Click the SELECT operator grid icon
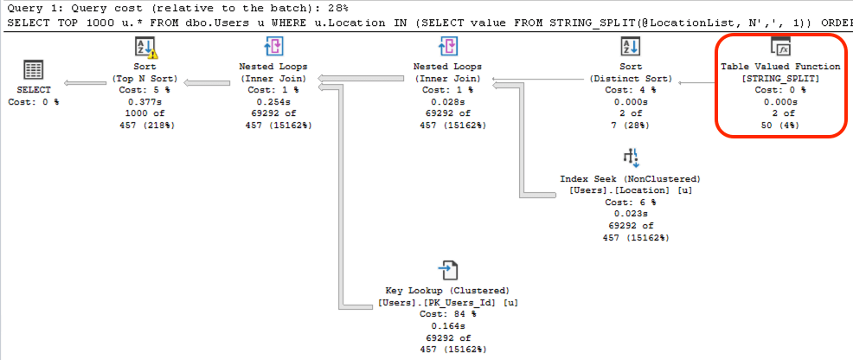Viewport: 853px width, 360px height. tap(34, 69)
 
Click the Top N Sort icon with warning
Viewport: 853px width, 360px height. tap(146, 48)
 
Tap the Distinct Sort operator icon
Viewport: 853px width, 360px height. tap(631, 47)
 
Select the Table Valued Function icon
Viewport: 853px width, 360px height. tap(780, 47)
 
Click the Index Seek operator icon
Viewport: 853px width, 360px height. tap(630, 158)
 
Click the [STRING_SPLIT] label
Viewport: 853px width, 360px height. tap(780, 78)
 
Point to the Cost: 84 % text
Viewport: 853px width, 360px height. tap(447, 314)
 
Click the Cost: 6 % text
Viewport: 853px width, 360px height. tap(631, 202)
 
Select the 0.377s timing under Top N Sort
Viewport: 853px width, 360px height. tap(145, 102)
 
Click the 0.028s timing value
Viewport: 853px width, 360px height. tap(447, 102)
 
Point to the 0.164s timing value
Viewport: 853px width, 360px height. tap(447, 325)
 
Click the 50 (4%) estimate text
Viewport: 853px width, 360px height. tap(780, 125)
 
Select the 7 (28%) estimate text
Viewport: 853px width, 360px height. tap(631, 125)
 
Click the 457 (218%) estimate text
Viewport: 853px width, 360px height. tap(145, 125)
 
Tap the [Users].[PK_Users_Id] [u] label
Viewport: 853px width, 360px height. tap(447, 302)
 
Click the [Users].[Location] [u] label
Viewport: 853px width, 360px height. tap(631, 190)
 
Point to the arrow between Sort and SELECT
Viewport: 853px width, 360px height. tap(85, 83)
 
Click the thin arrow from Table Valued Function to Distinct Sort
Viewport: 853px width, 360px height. tap(697, 83)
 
